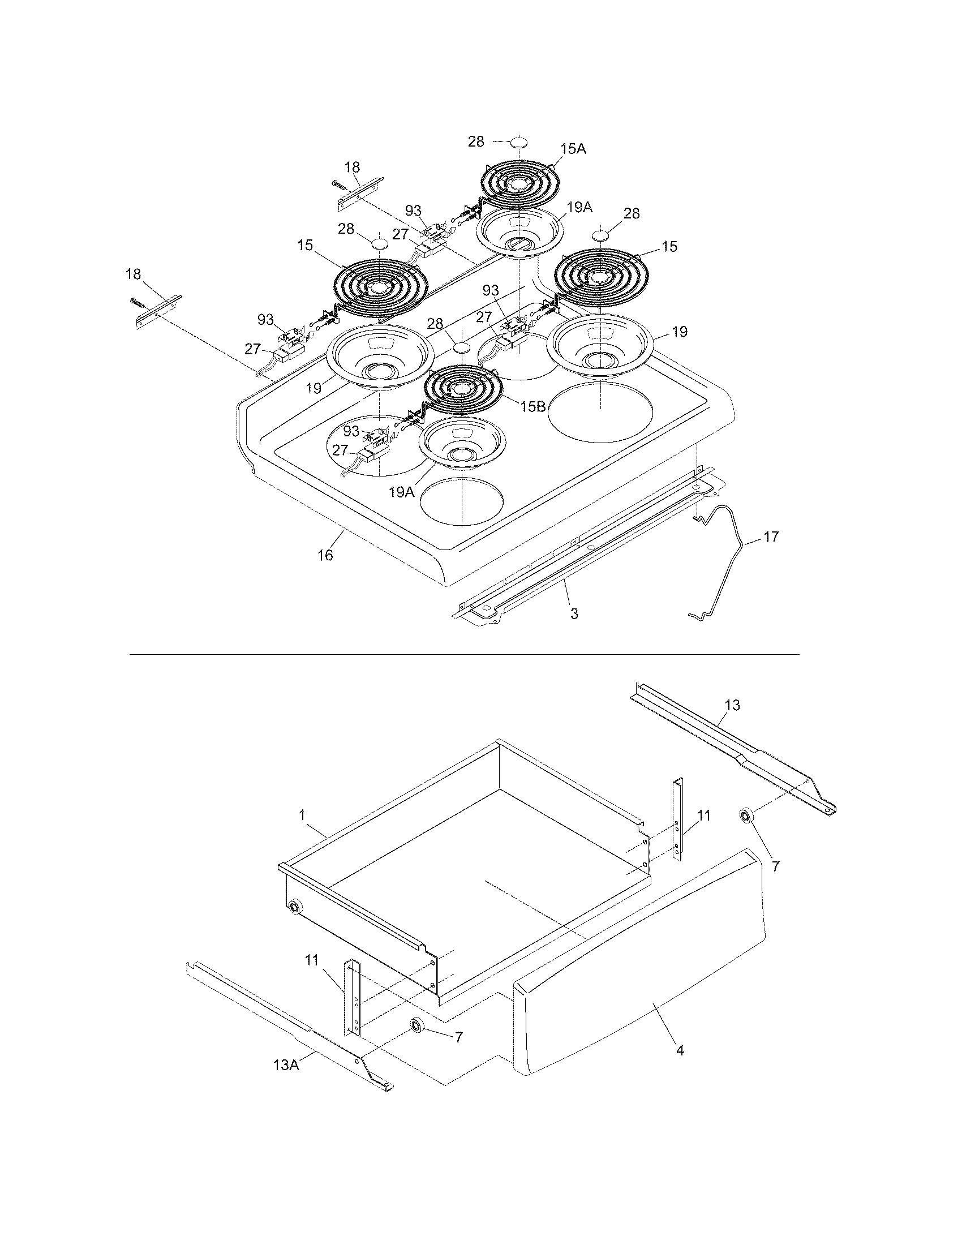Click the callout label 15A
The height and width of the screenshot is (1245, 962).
tap(573, 149)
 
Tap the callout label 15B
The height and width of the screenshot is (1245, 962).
tap(533, 406)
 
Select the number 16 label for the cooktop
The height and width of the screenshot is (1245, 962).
tap(325, 555)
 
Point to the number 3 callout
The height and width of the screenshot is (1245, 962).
tap(574, 614)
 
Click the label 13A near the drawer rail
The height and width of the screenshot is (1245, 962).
tap(286, 1064)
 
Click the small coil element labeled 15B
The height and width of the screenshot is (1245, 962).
tap(462, 388)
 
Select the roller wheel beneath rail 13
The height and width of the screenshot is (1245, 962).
tap(745, 815)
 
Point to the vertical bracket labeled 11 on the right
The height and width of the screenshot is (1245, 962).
tap(678, 819)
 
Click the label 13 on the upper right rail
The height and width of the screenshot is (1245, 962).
tap(732, 705)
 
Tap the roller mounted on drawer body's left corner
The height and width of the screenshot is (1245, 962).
tap(295, 907)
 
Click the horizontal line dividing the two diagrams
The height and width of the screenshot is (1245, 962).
tap(465, 654)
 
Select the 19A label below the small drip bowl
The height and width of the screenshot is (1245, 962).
tap(401, 492)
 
